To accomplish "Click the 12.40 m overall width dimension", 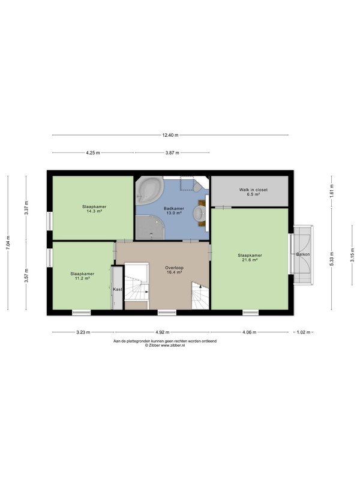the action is [170, 135].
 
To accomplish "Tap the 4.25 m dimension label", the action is [93, 153].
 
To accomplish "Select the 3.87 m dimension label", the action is [172, 153].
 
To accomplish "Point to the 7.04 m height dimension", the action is [8, 243].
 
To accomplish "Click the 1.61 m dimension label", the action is [332, 190].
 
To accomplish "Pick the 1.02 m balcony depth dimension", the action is [304, 332].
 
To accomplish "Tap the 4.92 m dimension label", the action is [163, 332].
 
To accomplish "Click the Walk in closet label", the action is [253, 190].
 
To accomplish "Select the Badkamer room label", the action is [174, 208].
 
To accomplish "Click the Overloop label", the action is [175, 268].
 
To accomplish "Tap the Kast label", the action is [118, 289].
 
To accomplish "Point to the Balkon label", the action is [303, 254].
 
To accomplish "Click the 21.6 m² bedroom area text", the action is [250, 260].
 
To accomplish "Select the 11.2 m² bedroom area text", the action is [82, 278].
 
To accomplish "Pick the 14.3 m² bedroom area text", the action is [94, 211].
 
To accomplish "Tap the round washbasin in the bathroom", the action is [200, 212].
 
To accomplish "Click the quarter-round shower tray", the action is [150, 227].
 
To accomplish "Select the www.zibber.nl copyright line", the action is [165, 345].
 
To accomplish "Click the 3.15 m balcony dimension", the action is [352, 255].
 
